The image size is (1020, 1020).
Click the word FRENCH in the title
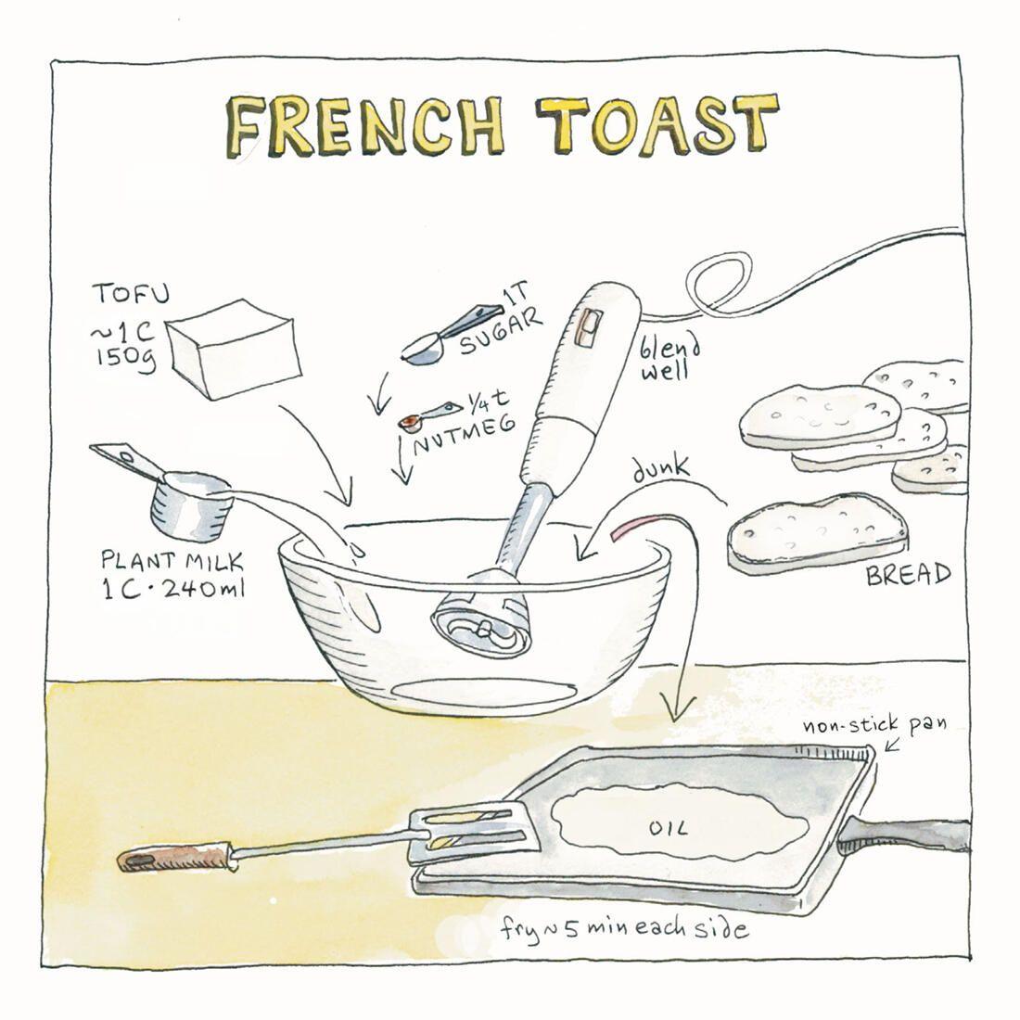pos(365,127)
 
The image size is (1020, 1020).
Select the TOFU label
pos(130,293)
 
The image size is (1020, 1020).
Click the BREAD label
pos(908,574)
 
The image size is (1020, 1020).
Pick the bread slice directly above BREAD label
pos(817,533)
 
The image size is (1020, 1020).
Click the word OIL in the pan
pos(668,828)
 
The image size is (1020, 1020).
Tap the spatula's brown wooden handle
pos(174,857)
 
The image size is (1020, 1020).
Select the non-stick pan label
pos(873,724)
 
